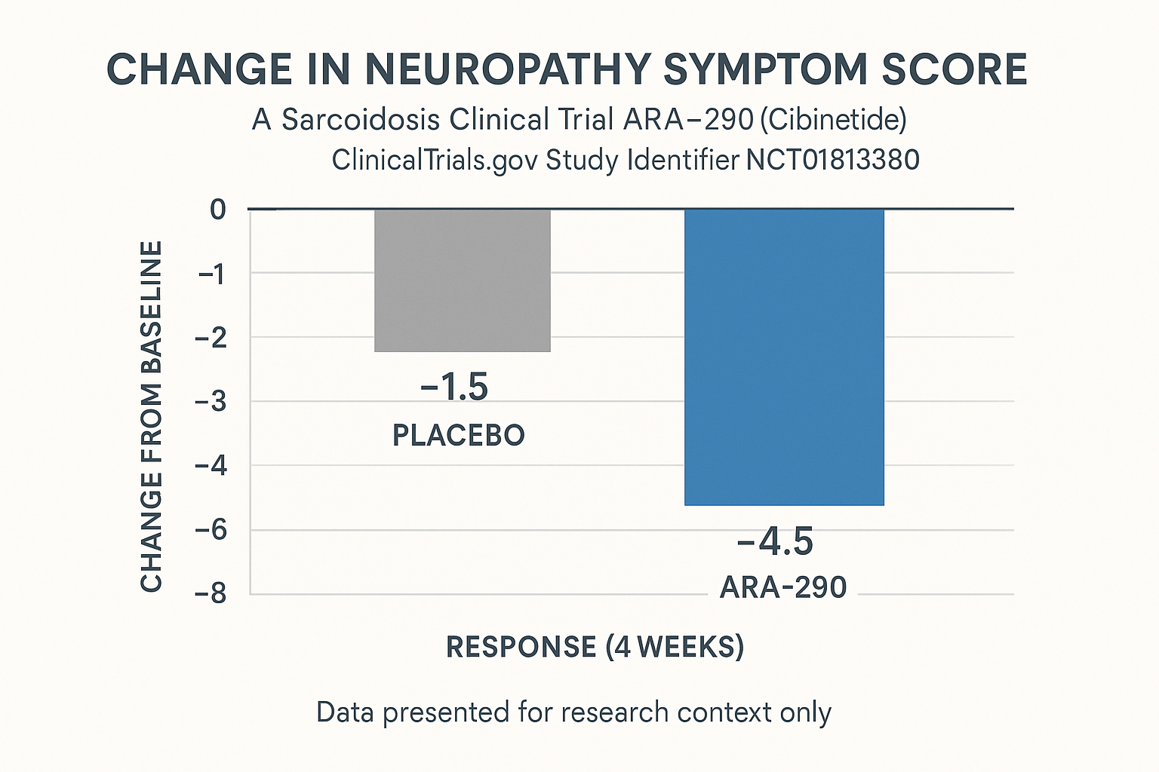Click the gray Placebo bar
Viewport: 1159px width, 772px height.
462,280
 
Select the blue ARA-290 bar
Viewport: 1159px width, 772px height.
783,357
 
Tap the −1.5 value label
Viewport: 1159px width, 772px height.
454,388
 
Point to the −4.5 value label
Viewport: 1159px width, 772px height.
775,542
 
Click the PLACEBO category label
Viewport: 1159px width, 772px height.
458,436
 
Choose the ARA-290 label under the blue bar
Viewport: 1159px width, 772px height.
783,587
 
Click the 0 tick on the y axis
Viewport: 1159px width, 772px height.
218,210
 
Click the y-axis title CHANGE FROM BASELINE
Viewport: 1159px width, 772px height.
152,416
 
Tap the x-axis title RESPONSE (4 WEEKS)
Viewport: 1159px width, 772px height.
595,648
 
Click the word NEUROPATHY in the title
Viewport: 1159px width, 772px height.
507,70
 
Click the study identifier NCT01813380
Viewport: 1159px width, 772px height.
832,160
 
